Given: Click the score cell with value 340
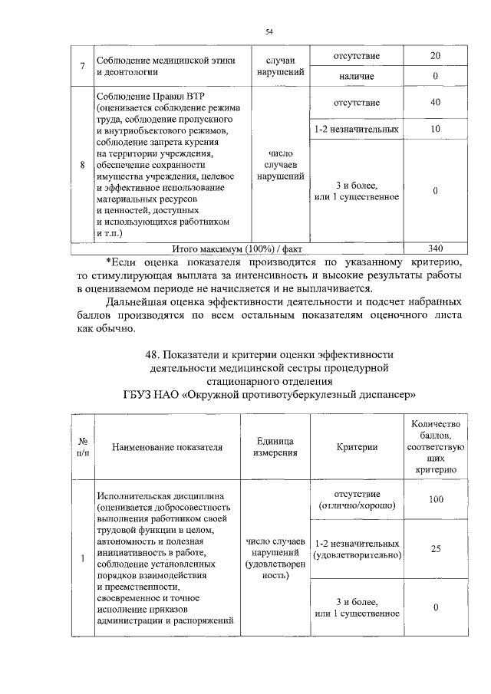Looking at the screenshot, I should (435, 248).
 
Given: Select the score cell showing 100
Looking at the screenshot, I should (435, 499).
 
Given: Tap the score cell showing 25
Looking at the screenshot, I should (435, 549).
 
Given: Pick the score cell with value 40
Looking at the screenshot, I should (435, 102).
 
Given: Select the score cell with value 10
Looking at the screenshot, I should (435, 129).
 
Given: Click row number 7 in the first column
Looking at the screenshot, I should (81, 66).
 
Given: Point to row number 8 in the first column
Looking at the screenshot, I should (81, 165).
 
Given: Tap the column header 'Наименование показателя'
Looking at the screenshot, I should (166, 447).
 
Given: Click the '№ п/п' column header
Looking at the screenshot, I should (82, 447).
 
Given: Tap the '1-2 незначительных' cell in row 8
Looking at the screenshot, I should (357, 129).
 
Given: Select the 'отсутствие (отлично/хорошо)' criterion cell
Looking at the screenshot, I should (357, 499).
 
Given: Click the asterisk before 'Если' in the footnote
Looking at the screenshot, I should (107, 260).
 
